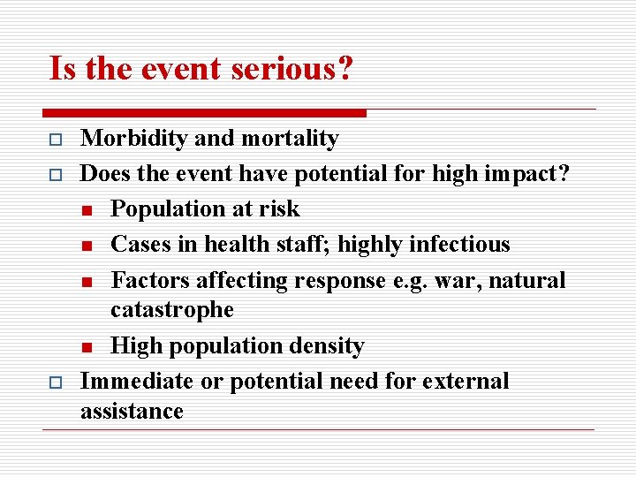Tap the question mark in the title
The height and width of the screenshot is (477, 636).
(344, 68)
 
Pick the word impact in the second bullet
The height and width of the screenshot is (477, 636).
(523, 174)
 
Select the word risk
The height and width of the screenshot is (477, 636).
(278, 209)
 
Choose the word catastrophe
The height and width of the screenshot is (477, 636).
(172, 310)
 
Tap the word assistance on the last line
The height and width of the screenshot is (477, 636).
(132, 411)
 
